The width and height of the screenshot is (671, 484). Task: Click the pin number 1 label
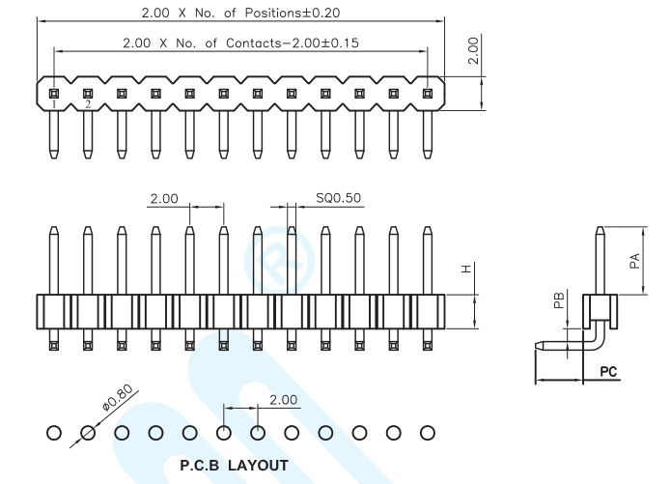[54, 104]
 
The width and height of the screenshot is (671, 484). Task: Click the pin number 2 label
[88, 104]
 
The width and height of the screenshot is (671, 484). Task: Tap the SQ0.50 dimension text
[338, 198]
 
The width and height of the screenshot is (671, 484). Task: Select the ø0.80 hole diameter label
[118, 397]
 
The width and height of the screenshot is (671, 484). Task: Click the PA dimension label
[635, 261]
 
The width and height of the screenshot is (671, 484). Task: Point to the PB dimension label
[559, 299]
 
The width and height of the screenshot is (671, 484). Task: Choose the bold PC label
[608, 371]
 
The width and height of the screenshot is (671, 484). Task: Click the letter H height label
[466, 269]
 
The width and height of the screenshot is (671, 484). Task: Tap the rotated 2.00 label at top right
[473, 50]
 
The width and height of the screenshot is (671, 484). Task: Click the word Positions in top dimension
[273, 13]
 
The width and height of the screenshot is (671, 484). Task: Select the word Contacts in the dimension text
[253, 43]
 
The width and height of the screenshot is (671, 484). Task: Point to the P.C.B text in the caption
[200, 465]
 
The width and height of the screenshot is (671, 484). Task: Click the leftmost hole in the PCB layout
[54, 433]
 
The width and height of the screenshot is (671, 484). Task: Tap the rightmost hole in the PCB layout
[428, 433]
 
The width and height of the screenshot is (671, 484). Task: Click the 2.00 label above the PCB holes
[283, 400]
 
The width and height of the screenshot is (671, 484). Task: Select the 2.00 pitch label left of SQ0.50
[164, 199]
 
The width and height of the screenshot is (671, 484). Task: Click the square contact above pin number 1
[54, 94]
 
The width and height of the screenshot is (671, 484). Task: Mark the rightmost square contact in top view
[428, 94]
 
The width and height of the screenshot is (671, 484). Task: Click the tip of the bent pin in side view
[536, 345]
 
